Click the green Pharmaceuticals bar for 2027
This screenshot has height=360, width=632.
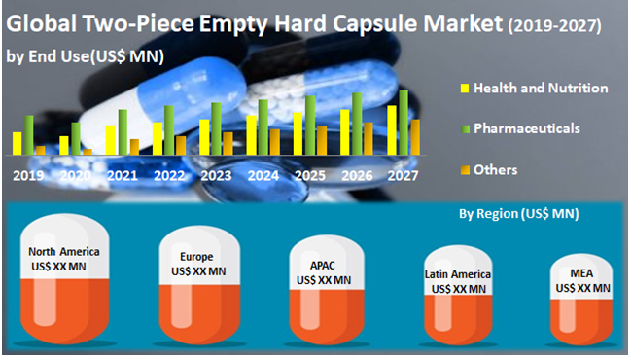pos(404,122)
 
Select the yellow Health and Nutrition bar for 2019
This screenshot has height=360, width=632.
pos(17,143)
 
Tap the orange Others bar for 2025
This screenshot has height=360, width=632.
pos(322,140)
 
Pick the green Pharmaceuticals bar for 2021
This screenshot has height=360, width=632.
pos(123,132)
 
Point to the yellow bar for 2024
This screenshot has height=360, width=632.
pos(251,135)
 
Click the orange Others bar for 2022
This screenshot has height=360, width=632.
pos(181,145)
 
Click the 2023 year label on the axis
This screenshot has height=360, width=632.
pos(216,176)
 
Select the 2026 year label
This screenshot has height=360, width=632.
pos(356,176)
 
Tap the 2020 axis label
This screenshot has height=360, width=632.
pos(76,176)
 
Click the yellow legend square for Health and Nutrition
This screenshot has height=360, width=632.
pos(464,89)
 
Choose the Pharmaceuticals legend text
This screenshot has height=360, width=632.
pos(527,127)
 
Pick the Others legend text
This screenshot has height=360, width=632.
pos(495,169)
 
